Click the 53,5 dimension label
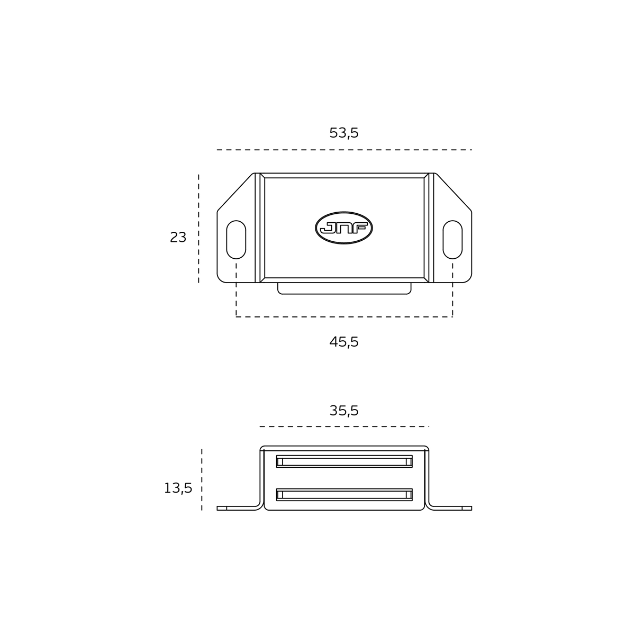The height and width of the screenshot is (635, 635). [344, 133]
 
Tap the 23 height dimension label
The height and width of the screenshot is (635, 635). [178, 237]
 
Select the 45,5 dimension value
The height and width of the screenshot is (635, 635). [344, 342]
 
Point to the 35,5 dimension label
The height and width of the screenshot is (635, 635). [344, 411]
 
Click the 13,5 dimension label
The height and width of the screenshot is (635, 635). [178, 488]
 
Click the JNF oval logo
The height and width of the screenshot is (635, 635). [344, 228]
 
